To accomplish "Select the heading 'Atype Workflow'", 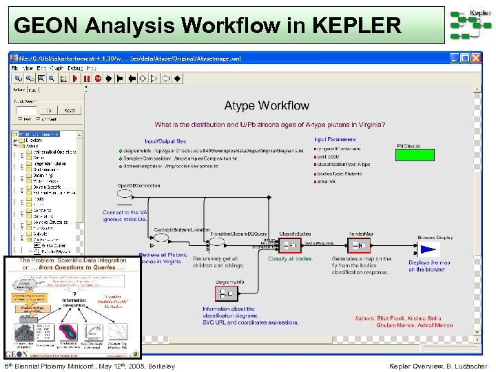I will click(x=267, y=105).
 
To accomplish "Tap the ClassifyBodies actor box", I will click(x=291, y=244).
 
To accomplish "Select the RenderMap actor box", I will click(x=360, y=244).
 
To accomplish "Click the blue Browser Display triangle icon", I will click(x=429, y=249).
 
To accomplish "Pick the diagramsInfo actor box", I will click(x=226, y=293).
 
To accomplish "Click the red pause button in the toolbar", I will click(x=87, y=79).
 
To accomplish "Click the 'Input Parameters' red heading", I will click(x=335, y=140).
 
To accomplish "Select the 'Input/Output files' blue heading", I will click(x=165, y=141).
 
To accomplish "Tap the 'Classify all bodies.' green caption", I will click(x=290, y=259).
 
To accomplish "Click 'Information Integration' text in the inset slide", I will click(x=74, y=304).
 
